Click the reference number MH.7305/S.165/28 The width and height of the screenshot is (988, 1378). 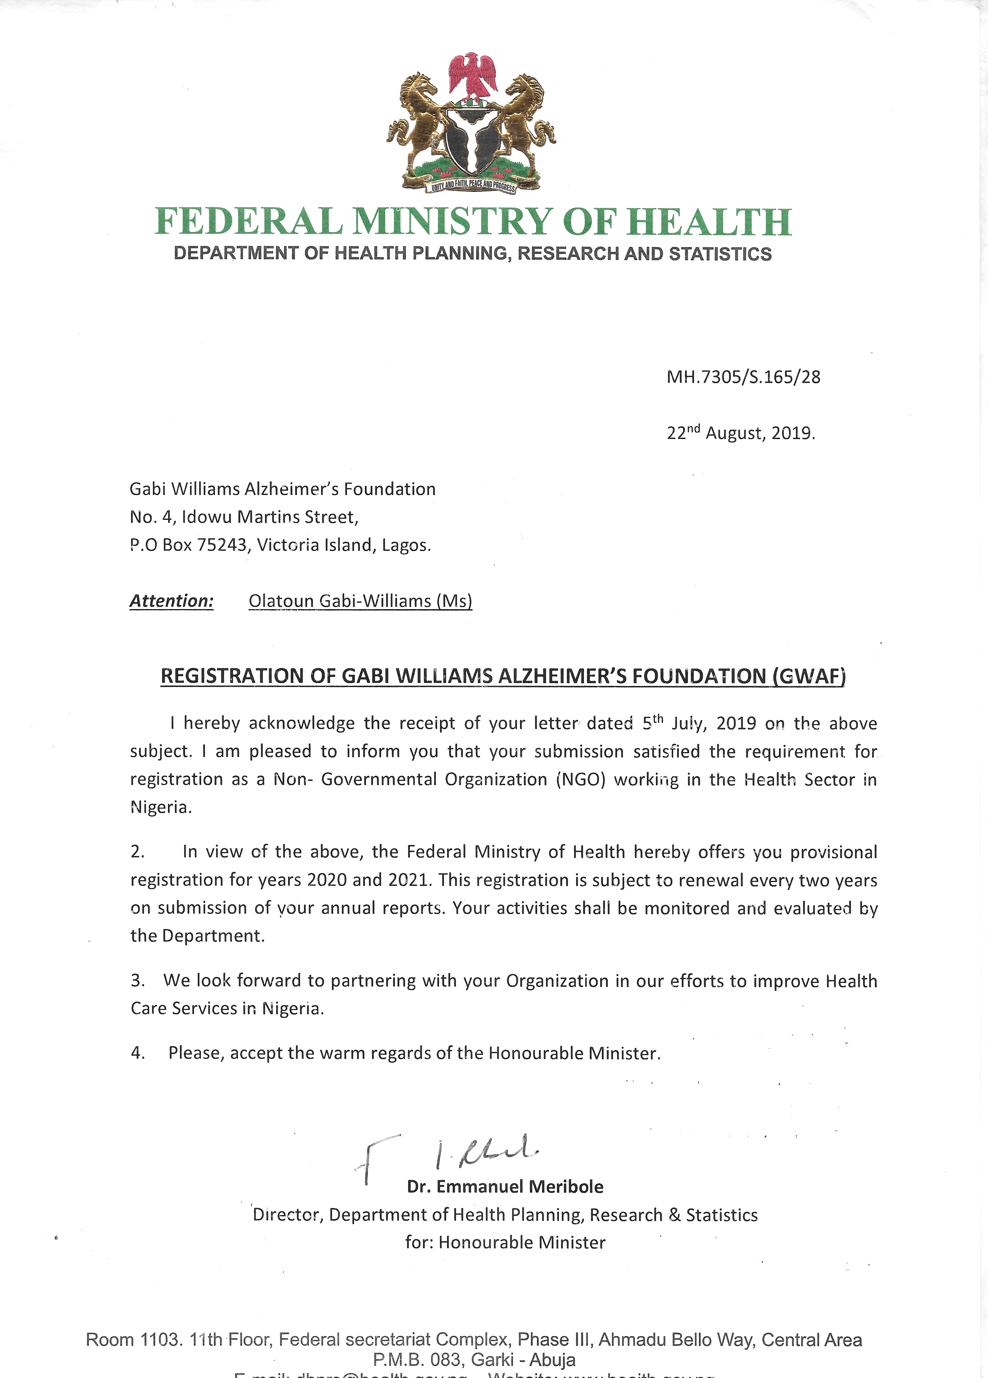[743, 377]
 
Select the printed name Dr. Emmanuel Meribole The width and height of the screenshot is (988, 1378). [505, 1187]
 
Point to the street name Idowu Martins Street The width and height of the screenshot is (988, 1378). [270, 517]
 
